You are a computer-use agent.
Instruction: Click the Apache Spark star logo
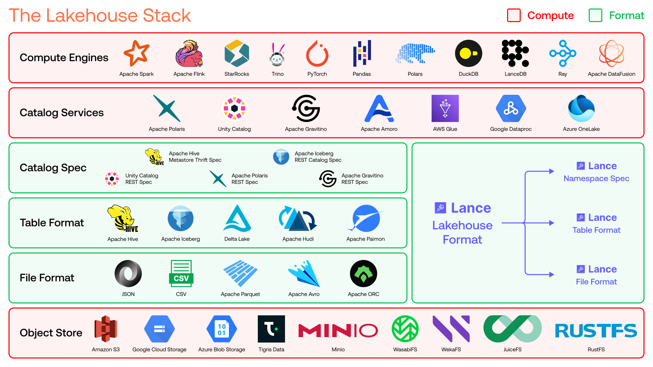point(136,53)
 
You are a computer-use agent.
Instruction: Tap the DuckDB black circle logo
point(468,53)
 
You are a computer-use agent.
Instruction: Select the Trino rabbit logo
point(278,53)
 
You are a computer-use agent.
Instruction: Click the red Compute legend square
point(514,15)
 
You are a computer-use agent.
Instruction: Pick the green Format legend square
point(595,15)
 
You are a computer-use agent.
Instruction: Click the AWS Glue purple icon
point(445,108)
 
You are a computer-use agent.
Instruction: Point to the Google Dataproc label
point(510,129)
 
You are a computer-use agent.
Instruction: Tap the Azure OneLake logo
point(581,108)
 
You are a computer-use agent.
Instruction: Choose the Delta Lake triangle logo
point(237,219)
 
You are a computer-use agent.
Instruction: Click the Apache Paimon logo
point(366,219)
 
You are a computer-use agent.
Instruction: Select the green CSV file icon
point(181,274)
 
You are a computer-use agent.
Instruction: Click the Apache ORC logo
point(364,274)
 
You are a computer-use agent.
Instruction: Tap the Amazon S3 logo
point(106,329)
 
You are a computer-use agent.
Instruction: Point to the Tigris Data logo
point(271,329)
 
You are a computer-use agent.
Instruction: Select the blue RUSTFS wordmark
point(596,331)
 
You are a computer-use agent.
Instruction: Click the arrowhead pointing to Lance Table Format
point(552,223)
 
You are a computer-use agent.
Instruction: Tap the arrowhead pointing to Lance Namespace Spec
point(552,171)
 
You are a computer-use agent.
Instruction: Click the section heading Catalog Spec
point(53,168)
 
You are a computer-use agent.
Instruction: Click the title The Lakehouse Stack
point(100,16)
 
